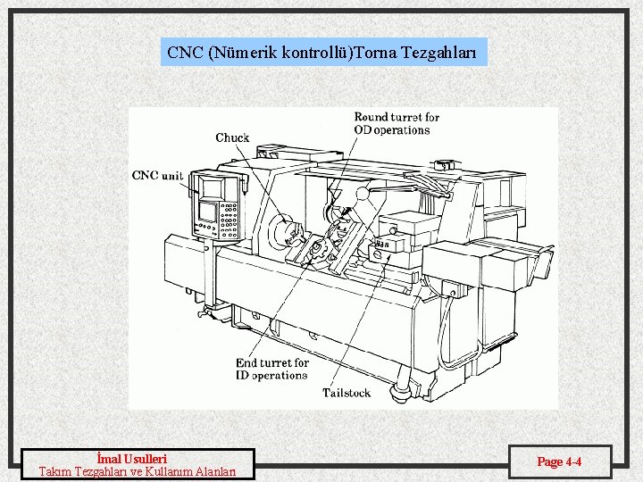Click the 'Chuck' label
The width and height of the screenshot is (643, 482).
click(x=232, y=137)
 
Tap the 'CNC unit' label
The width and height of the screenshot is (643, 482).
click(x=157, y=175)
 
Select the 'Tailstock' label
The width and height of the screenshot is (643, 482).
click(x=347, y=392)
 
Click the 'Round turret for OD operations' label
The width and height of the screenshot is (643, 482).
click(x=397, y=123)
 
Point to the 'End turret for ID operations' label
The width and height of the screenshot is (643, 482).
click(x=272, y=369)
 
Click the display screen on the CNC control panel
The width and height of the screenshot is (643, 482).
click(x=207, y=212)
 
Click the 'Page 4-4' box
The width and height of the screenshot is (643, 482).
click(x=559, y=461)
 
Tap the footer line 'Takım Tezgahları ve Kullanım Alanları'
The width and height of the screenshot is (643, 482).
click(x=138, y=471)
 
